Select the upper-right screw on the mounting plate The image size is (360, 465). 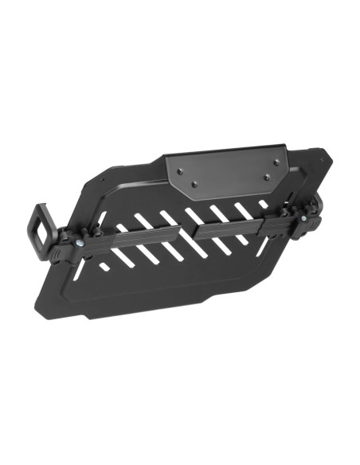276,162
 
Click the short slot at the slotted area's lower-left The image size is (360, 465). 104,266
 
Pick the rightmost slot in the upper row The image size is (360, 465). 263,205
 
